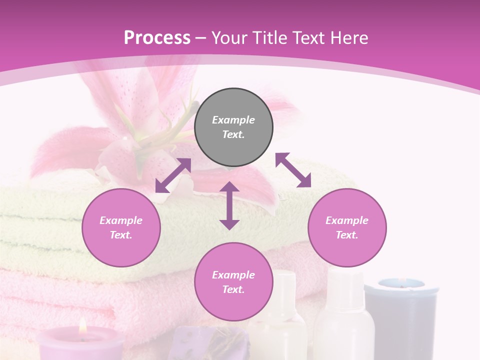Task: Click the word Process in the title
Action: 157,38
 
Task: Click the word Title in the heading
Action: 273,38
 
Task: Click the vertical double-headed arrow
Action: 229,205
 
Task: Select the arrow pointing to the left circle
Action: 173,175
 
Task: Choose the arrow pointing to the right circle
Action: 293,170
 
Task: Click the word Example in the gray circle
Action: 233,120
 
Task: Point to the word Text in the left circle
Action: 121,235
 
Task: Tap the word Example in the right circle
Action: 347,220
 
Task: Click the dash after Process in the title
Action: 201,38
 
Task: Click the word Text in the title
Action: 311,38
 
